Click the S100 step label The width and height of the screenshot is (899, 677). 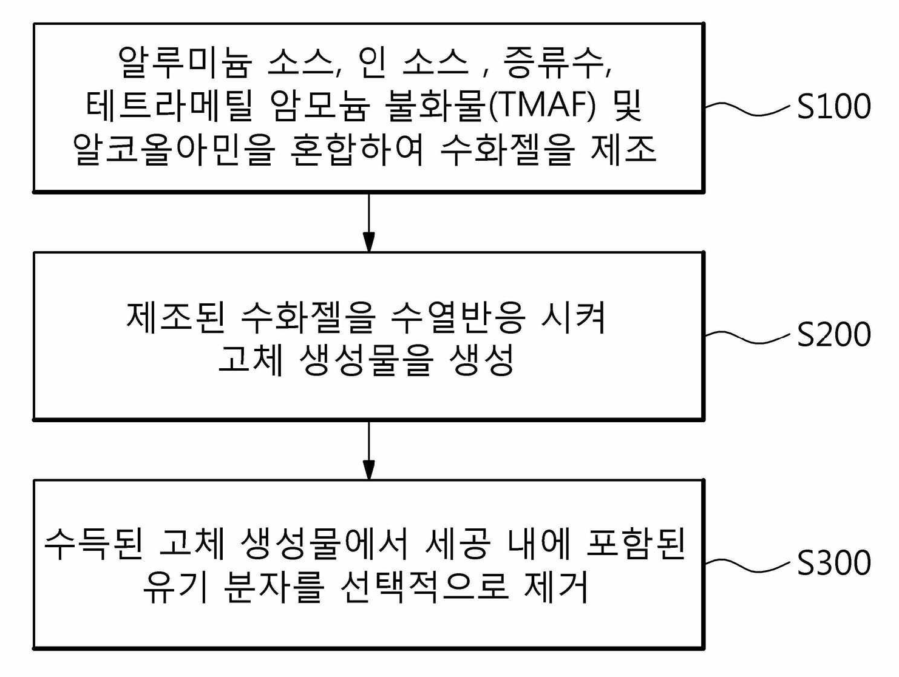pyautogui.click(x=834, y=106)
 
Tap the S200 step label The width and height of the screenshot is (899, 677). pyautogui.click(x=834, y=334)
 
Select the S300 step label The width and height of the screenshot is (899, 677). pyautogui.click(x=834, y=563)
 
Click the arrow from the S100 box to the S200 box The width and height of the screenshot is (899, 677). pyautogui.click(x=368, y=222)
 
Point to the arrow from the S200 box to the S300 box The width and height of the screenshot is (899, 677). pyautogui.click(x=368, y=450)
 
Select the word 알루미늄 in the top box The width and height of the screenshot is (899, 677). pyautogui.click(x=183, y=62)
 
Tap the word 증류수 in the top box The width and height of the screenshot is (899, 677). pyautogui.click(x=554, y=62)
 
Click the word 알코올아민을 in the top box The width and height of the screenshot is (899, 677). pyautogui.click(x=174, y=150)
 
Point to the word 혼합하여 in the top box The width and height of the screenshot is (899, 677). pyautogui.click(x=356, y=150)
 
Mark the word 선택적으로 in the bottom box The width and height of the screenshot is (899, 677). pyautogui.click(x=424, y=588)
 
